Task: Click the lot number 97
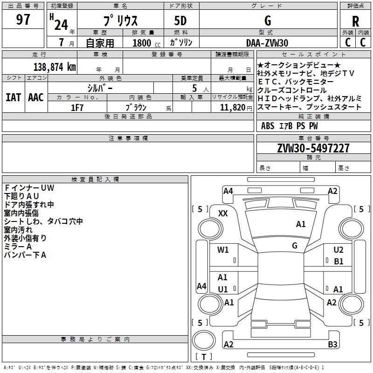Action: coord(23,20)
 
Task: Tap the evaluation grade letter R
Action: coord(355,21)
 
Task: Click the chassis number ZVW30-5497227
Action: coord(313,148)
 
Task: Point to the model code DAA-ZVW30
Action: coord(267,43)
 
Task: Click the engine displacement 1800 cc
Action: coord(142,43)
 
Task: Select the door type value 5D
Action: coord(180,21)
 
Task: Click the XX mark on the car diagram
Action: coord(223,213)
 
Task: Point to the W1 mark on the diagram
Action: coord(223,249)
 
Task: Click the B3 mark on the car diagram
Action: coord(332,345)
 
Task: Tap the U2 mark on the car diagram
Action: coord(338,250)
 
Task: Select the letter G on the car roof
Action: coord(295,245)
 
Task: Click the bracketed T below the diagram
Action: coord(204,357)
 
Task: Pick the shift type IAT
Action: coord(14,97)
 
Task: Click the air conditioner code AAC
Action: coord(36,97)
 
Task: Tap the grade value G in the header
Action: coord(268,21)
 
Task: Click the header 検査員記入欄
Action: coord(95,180)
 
